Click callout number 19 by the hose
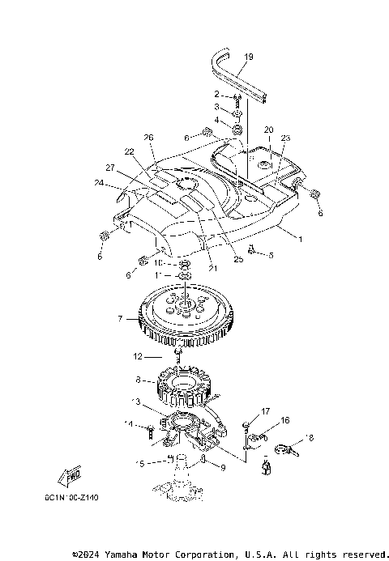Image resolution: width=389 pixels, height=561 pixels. click(x=249, y=57)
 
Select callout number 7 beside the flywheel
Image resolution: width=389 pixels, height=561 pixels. click(x=120, y=319)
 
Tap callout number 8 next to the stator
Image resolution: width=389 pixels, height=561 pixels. click(x=139, y=379)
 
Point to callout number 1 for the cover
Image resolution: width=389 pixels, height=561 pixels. click(x=300, y=239)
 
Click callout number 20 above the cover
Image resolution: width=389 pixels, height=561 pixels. click(x=268, y=130)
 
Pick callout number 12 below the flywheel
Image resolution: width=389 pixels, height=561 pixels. click(x=139, y=356)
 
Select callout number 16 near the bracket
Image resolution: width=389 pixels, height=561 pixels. click(x=284, y=420)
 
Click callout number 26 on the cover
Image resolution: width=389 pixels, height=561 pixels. click(x=147, y=137)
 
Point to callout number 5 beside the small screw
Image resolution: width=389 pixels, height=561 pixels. click(x=271, y=256)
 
